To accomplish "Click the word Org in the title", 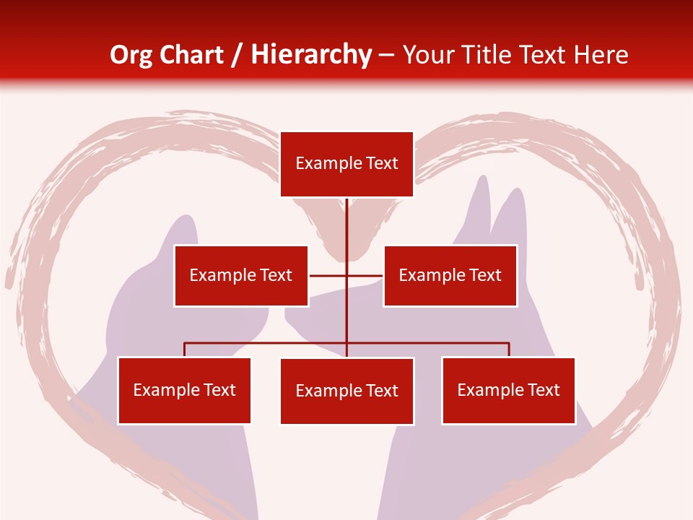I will click(x=131, y=55).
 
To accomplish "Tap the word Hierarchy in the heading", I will click(x=310, y=55).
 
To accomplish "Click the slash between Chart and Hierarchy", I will click(x=237, y=56).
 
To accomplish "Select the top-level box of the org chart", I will click(x=346, y=164).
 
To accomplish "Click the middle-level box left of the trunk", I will click(x=240, y=275).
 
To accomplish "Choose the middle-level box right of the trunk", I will click(x=450, y=275).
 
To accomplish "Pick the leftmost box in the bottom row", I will click(x=184, y=390).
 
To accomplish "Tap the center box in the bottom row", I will click(x=346, y=391).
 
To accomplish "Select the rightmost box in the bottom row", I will click(x=508, y=390).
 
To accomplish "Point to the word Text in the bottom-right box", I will click(x=543, y=390).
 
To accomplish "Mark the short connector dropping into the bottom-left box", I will click(x=184, y=350).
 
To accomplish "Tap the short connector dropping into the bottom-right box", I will click(x=509, y=350).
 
